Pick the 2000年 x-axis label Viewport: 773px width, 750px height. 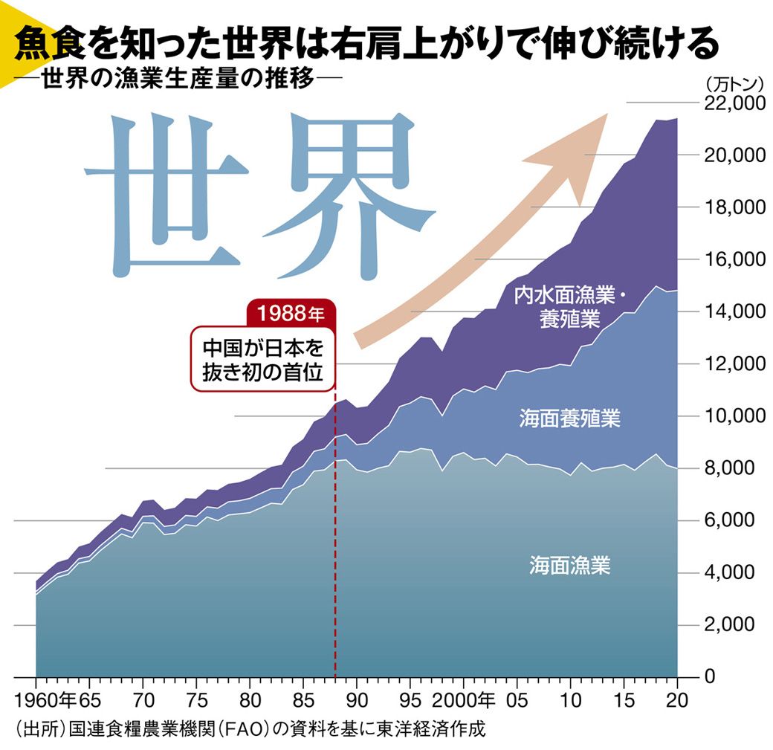coord(468,700)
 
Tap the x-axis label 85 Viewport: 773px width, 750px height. coord(303,700)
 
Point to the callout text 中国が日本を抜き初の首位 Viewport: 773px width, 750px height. coord(264,361)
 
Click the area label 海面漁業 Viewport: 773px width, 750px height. coord(570,566)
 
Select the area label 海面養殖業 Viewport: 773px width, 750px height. coord(570,418)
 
